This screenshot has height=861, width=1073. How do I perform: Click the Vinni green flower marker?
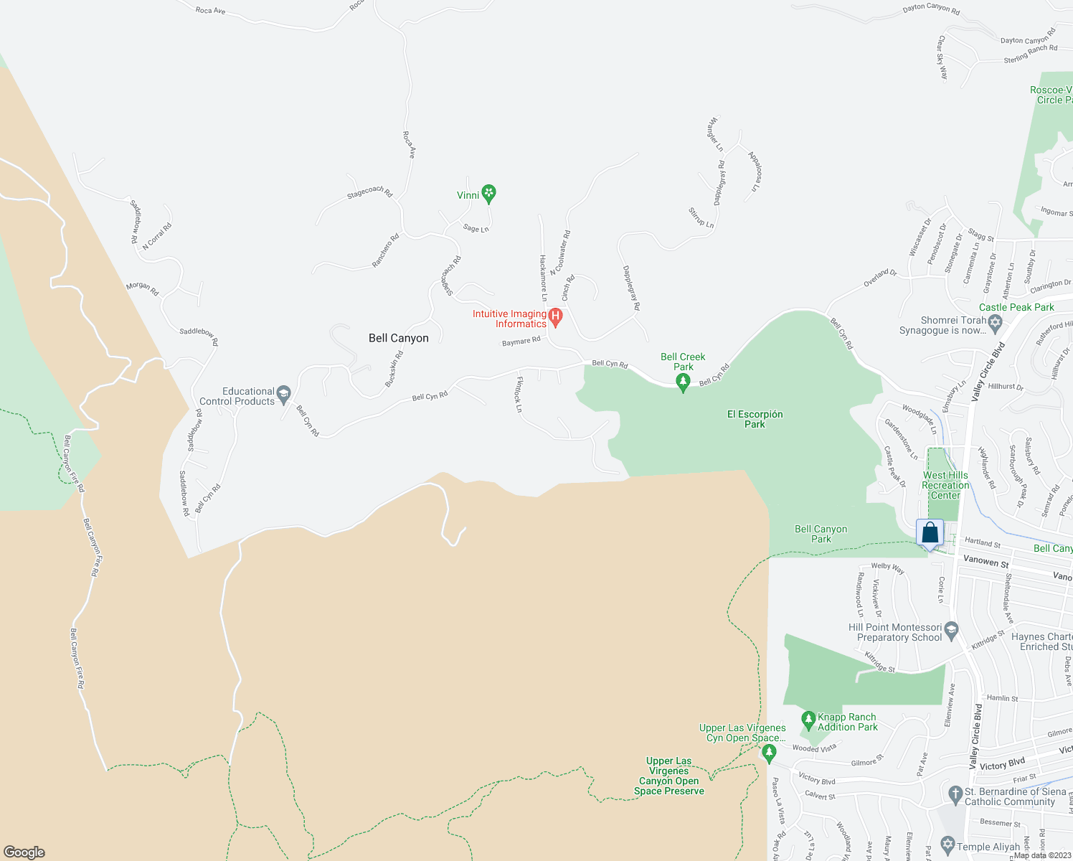[x=488, y=193]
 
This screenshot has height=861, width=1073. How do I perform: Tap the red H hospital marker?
[x=555, y=316]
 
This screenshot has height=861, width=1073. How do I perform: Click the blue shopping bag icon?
[x=930, y=534]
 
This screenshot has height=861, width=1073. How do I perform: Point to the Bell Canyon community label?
[x=399, y=338]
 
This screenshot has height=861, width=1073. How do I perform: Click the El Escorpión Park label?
[x=755, y=419]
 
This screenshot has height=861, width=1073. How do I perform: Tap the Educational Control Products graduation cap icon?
[x=284, y=393]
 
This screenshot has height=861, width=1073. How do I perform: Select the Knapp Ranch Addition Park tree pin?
[x=808, y=719]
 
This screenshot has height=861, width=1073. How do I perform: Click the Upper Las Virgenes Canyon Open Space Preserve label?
[x=669, y=776]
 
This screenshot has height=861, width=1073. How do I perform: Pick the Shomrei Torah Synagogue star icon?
[x=994, y=323]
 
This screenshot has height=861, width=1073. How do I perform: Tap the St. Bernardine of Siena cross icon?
[x=955, y=794]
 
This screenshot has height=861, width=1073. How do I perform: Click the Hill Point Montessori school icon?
[x=952, y=631]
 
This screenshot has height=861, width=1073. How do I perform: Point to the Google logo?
[x=24, y=852]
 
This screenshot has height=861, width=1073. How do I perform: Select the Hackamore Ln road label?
[x=544, y=278]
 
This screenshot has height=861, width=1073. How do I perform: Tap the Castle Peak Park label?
[x=1016, y=307]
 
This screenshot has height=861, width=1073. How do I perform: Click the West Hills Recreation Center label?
[x=945, y=485]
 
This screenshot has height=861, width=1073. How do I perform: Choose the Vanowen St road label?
[x=985, y=562]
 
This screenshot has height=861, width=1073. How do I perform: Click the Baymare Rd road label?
[x=521, y=342]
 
